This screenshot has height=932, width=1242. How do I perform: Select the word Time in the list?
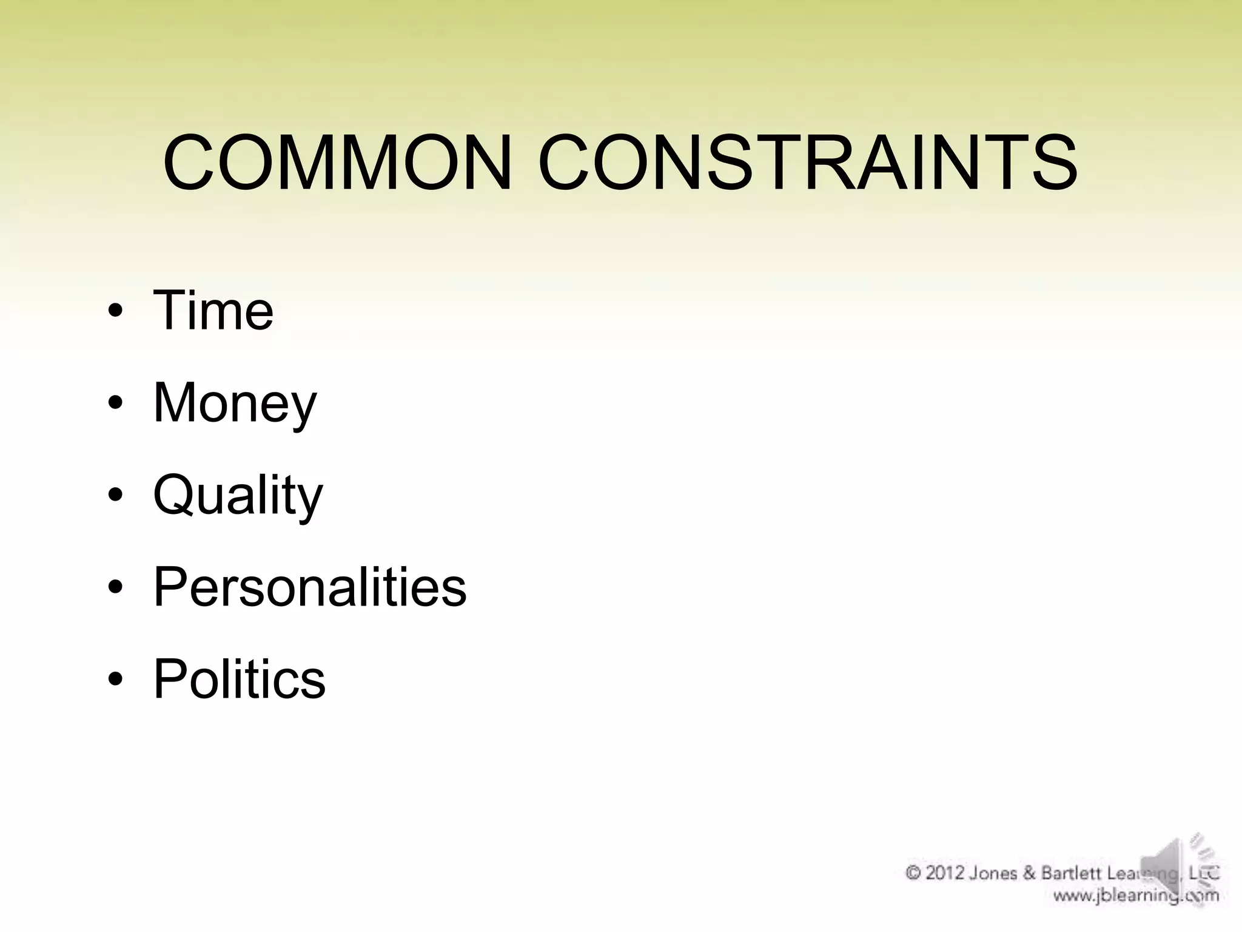coord(213,311)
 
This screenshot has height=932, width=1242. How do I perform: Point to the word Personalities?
coord(310,587)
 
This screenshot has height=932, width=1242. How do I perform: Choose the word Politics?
coord(240,679)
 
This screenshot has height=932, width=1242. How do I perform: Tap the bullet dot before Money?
coord(116,404)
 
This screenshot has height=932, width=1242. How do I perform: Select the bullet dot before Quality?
coord(116,495)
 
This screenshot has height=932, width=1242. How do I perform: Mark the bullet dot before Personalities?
coord(116,587)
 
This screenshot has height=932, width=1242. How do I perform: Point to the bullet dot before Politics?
coord(116,679)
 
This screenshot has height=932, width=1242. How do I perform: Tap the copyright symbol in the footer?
coord(913,873)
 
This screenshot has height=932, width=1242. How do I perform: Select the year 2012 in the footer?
coord(945,873)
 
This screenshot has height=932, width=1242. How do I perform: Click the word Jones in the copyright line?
coord(993,873)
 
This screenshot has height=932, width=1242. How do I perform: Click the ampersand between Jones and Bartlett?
coord(1029,873)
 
